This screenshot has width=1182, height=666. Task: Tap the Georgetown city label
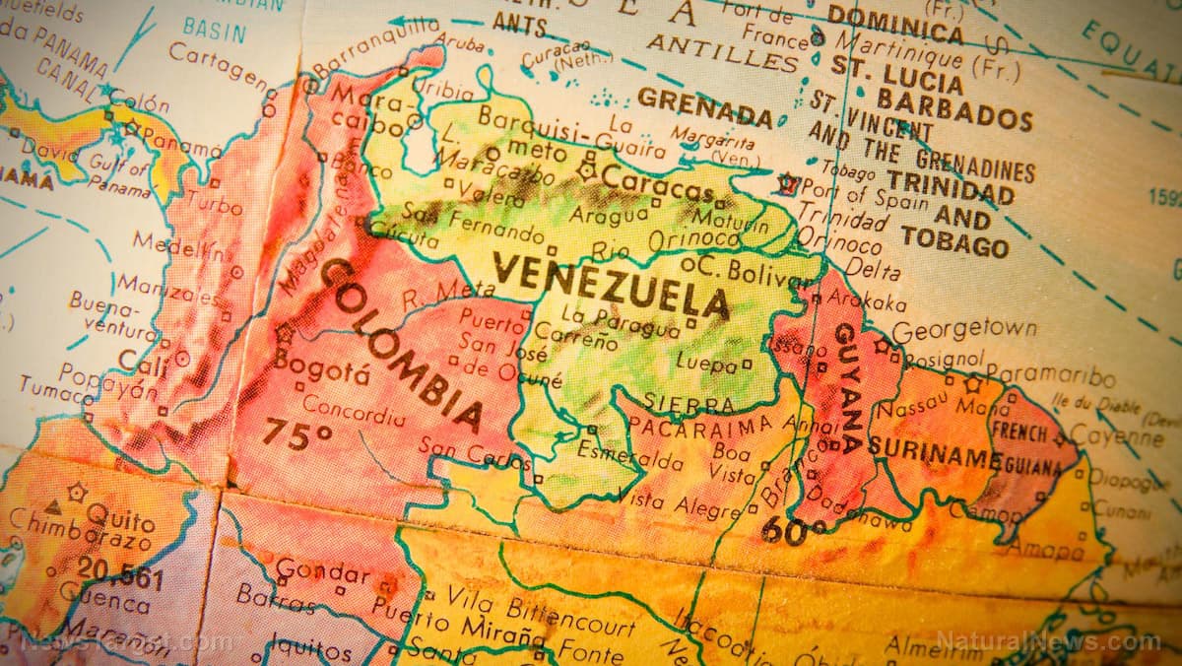tap(963, 330)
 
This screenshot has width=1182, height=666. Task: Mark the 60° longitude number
tap(793, 531)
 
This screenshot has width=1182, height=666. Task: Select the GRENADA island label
tap(704, 106)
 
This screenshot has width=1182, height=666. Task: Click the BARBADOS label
tap(953, 109)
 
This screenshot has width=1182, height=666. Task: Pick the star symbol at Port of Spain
tap(786, 183)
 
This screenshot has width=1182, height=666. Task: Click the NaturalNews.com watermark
tap(1048, 641)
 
